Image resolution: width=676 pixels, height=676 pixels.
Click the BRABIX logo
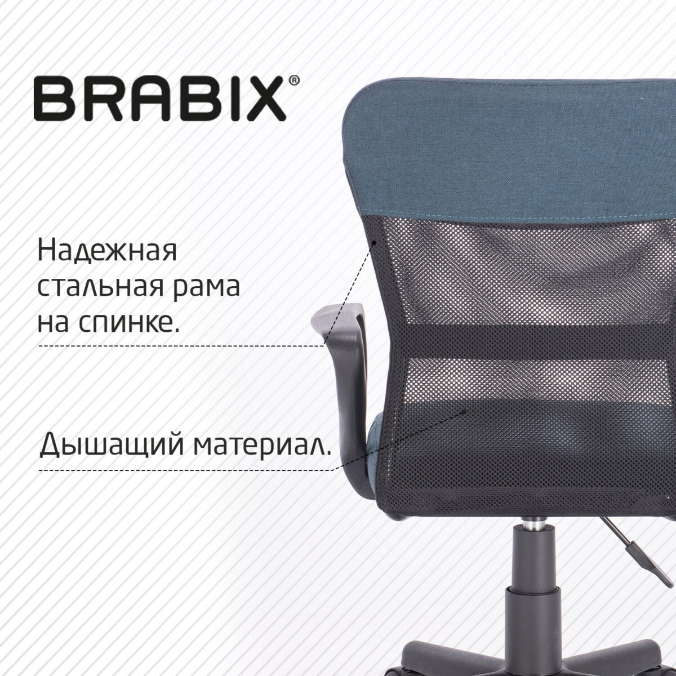160,100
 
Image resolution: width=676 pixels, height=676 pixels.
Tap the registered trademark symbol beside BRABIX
294,82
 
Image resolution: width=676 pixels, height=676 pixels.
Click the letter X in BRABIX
264,100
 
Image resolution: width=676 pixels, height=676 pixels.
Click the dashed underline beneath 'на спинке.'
180,345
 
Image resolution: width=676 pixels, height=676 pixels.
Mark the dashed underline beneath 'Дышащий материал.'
186,470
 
